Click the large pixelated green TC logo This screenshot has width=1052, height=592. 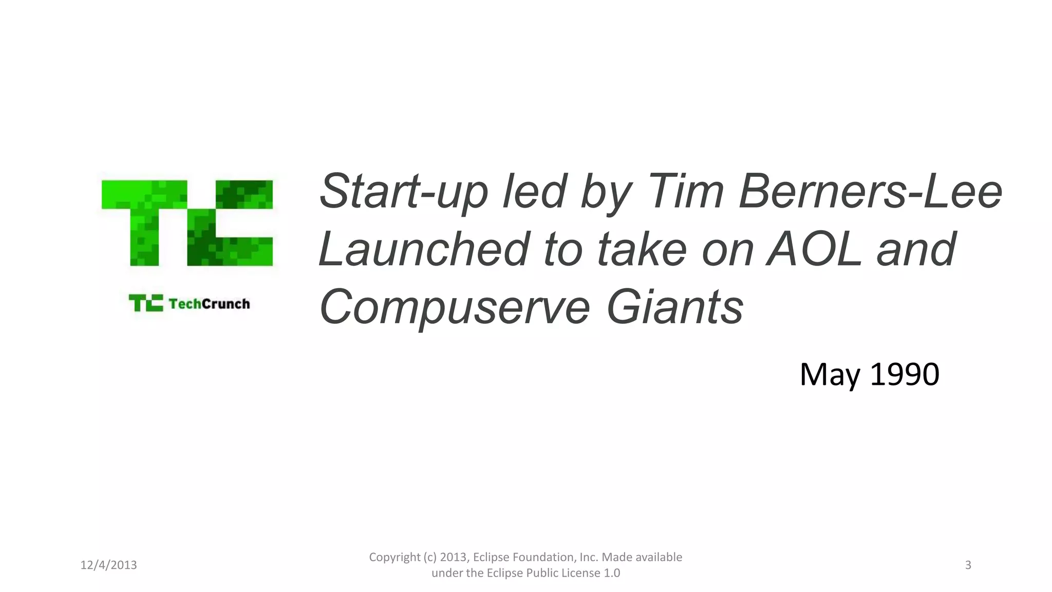point(187,223)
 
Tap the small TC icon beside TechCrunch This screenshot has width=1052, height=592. point(146,303)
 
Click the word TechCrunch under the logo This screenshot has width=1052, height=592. point(209,304)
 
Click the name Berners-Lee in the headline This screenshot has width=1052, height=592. point(870,191)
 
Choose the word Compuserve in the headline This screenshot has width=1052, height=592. point(455,307)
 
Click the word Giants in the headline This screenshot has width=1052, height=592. point(674,307)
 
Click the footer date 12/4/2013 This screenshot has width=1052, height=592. point(108,565)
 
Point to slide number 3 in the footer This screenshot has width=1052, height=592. point(968,565)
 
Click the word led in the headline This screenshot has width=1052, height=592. point(534,191)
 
